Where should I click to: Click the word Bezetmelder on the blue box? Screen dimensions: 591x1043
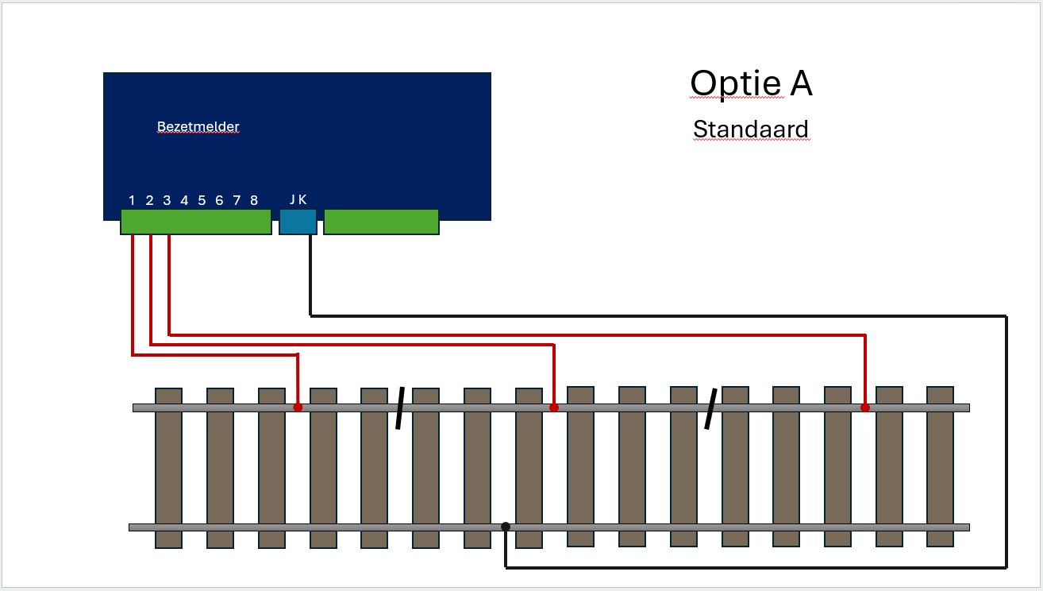pyautogui.click(x=198, y=127)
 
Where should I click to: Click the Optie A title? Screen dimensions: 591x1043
pyautogui.click(x=750, y=83)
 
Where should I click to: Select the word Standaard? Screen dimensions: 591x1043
pyautogui.click(x=750, y=129)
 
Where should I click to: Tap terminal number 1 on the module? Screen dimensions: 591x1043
pyautogui.click(x=132, y=200)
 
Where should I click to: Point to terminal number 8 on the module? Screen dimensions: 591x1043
pyautogui.click(x=254, y=200)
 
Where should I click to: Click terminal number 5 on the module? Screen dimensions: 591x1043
pyautogui.click(x=202, y=200)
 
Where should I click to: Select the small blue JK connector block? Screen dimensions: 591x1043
pyautogui.click(x=298, y=222)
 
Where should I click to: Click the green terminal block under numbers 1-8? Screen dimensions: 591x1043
pyautogui.click(x=196, y=222)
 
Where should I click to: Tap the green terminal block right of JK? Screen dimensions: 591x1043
pyautogui.click(x=381, y=222)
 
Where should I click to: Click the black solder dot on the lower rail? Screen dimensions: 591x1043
pyautogui.click(x=506, y=526)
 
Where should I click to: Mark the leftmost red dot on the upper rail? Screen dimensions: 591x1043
pyautogui.click(x=298, y=408)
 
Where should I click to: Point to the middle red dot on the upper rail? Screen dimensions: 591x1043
pyautogui.click(x=554, y=408)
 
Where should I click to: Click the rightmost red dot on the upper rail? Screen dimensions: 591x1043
pyautogui.click(x=865, y=408)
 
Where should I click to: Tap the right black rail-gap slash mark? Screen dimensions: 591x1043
pyautogui.click(x=711, y=408)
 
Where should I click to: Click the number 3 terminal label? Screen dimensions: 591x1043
pyautogui.click(x=167, y=200)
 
